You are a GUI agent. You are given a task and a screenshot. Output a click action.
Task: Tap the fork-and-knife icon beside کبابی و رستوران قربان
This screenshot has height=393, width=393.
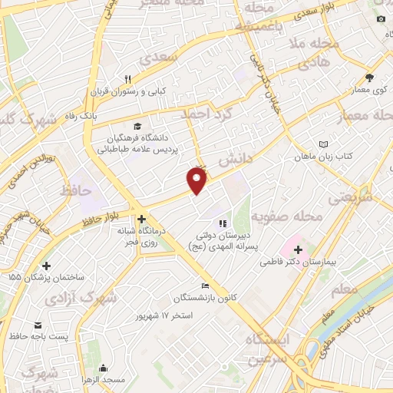point(129,78)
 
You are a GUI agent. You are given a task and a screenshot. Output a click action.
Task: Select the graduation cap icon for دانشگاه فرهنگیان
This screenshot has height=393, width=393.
point(137,127)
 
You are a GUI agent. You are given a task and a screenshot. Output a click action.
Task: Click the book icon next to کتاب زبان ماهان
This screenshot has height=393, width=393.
point(322,144)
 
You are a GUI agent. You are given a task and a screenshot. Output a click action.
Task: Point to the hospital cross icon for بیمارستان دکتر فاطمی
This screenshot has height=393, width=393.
point(298,249)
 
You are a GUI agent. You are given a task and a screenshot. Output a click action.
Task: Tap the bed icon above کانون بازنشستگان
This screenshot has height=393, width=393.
point(204,286)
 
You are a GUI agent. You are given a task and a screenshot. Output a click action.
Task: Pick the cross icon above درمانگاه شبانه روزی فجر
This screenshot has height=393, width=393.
point(142,219)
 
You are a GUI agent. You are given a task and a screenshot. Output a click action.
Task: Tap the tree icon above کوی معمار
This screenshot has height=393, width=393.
point(369,78)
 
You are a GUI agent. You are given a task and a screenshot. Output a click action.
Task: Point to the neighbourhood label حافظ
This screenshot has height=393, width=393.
point(74,188)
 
